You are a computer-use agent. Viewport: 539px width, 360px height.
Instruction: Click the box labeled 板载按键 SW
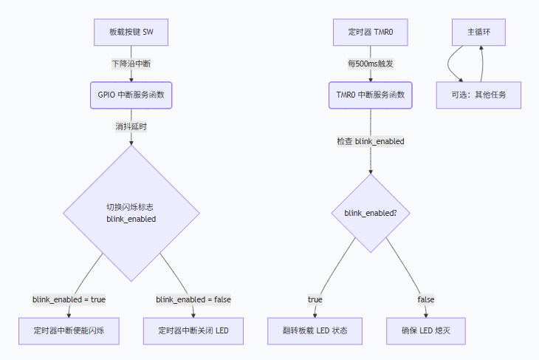131,32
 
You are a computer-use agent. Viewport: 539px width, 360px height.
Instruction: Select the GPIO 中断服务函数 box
131,95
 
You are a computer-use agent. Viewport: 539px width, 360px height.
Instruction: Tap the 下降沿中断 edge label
131,64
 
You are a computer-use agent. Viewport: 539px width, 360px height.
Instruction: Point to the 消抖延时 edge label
131,126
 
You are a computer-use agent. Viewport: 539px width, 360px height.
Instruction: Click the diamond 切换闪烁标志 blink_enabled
131,213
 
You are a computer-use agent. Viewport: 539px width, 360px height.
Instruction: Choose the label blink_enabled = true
69,299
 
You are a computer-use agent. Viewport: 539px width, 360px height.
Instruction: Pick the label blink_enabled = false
193,299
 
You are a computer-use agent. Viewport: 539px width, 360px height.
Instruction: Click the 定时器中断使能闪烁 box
69,330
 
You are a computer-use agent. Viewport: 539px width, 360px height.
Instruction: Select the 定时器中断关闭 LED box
193,330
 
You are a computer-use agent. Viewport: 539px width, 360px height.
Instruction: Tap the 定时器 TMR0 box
370,32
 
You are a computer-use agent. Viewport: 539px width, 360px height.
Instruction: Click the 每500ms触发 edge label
370,64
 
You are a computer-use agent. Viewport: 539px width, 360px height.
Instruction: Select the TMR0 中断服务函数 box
370,95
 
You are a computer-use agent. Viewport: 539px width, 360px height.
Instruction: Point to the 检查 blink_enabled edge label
370,141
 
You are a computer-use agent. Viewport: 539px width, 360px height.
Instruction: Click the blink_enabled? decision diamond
371,213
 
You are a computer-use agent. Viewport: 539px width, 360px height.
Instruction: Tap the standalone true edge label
315,299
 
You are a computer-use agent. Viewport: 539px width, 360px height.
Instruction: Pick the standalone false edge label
425,299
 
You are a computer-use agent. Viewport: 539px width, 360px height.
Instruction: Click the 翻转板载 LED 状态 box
315,330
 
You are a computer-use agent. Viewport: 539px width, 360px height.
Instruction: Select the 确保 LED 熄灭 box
425,330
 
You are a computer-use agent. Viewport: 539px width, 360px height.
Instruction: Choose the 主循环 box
478,32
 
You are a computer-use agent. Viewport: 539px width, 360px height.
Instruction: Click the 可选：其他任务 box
478,95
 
